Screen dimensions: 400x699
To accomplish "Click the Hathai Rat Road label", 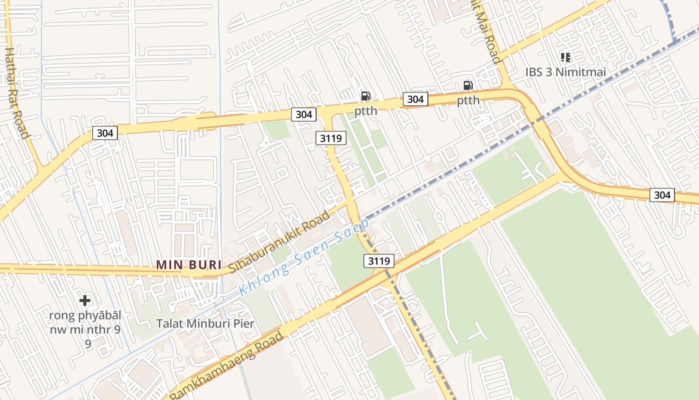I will tap(16, 92).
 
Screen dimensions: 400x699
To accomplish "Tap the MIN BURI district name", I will tap(188, 264).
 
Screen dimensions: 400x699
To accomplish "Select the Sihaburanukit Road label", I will tap(280, 242).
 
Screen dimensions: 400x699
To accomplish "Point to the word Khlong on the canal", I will tap(264, 277).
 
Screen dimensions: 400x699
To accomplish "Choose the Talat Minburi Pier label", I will tap(205, 323).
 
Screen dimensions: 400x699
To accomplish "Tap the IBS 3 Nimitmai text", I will tap(565, 72).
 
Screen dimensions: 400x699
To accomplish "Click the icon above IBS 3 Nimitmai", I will tap(565, 57).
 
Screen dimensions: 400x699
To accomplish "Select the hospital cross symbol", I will tap(85, 300).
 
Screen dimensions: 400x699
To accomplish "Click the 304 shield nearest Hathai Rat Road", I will tap(105, 132).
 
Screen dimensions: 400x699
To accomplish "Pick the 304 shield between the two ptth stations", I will tap(415, 99).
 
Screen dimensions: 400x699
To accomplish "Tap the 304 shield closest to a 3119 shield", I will tap(304, 114).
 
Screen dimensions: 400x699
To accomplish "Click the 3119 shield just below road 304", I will tap(331, 137).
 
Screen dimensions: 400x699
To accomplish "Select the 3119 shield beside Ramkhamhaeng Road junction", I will tap(379, 260).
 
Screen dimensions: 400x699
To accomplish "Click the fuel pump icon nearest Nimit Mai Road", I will tap(468, 85).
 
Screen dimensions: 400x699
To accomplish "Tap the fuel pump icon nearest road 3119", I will tap(366, 96).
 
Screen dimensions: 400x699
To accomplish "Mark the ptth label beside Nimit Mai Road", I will tap(468, 100).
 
